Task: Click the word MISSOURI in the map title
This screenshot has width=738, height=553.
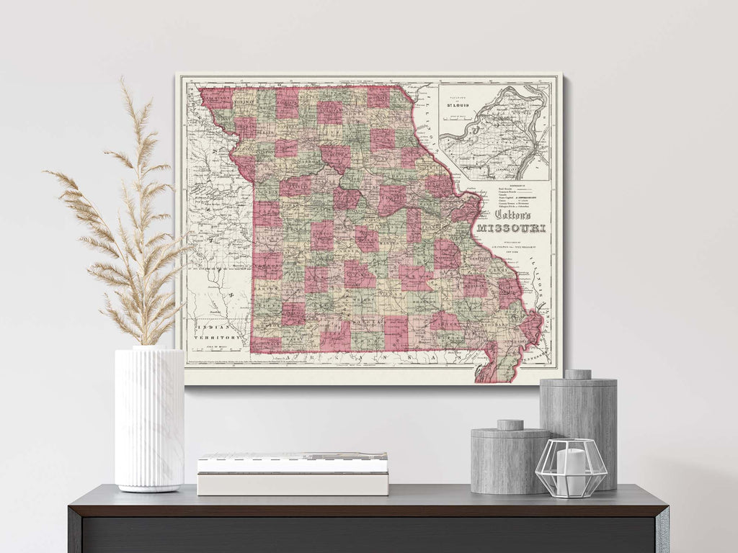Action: (511, 228)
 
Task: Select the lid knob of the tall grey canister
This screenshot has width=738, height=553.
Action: (577, 374)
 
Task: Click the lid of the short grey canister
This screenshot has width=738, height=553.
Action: (510, 431)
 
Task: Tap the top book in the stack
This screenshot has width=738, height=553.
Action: (293, 462)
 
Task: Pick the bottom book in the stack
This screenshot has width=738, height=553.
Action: (293, 483)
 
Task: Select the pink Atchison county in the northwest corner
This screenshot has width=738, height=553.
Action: (216, 97)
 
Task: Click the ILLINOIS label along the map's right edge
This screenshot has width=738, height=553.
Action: (541, 288)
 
